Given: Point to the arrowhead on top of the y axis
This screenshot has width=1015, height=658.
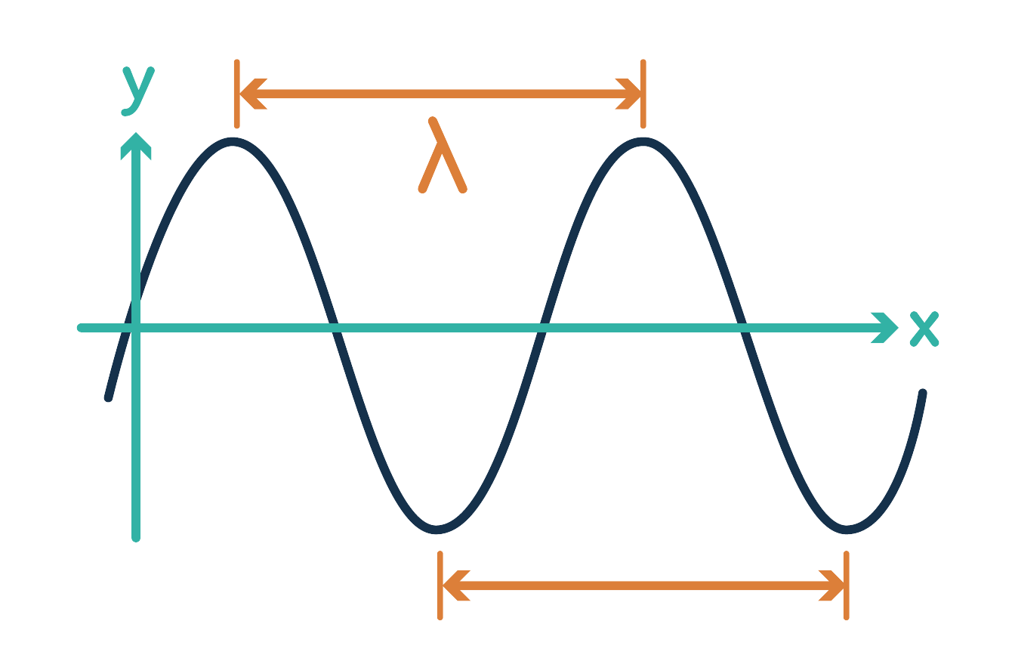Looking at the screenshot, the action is tap(136, 145).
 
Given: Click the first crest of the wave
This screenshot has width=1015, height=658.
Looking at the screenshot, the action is tap(234, 141).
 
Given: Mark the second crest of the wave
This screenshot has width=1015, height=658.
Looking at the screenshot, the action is tap(643, 141).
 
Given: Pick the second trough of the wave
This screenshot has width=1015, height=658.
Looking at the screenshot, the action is tap(847, 529).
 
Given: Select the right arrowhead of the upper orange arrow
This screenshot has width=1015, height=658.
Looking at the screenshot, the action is tap(628, 94).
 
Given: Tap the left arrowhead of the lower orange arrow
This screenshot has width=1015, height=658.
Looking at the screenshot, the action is tap(455, 585).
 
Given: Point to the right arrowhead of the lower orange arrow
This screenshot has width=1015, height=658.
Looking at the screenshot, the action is tap(831, 585).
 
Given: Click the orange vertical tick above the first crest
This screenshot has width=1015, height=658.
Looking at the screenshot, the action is tap(237, 94).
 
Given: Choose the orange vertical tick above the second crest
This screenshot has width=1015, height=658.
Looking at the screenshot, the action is tap(643, 94).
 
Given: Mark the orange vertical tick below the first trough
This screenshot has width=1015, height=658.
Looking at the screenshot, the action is tap(440, 585).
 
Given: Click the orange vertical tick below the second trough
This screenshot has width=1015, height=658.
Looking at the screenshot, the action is tap(846, 585).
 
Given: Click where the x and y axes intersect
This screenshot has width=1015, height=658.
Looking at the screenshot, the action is tap(136, 328).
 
